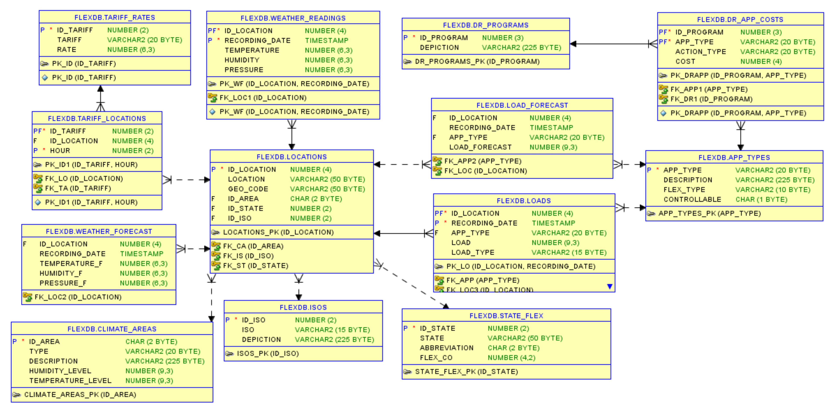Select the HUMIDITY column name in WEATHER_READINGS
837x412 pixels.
pyautogui.click(x=242, y=60)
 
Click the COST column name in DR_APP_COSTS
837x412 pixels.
pyautogui.click(x=685, y=62)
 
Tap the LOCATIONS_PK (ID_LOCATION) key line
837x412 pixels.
pyautogui.click(x=278, y=232)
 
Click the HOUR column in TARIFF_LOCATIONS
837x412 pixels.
pyautogui.click(x=60, y=151)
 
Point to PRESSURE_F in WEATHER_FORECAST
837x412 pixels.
pyautogui.click(x=63, y=283)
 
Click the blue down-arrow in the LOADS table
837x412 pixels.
pyautogui.click(x=610, y=286)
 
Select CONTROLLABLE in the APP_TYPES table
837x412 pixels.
pyautogui.click(x=692, y=200)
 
